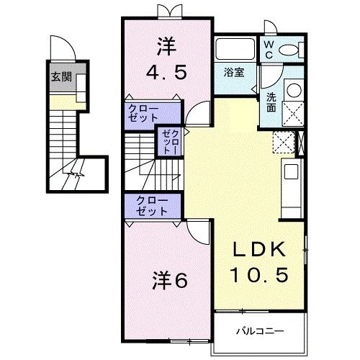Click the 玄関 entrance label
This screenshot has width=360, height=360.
(60, 78)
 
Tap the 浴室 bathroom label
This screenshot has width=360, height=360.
(233, 72)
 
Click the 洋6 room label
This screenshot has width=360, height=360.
(169, 280)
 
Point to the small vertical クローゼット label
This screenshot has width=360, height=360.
(169, 142)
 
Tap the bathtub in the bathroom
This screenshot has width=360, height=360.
(236, 50)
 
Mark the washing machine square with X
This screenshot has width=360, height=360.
(294, 112)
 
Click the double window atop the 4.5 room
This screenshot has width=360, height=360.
(166, 10)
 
